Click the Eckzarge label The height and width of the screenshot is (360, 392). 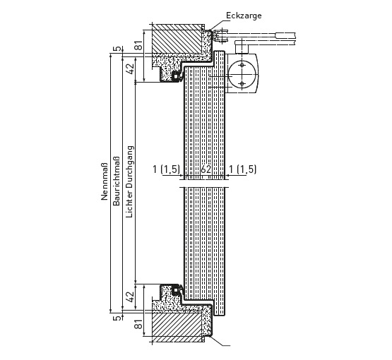244,16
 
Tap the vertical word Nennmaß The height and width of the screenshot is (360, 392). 105,181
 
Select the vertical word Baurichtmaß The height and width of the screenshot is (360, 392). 117,181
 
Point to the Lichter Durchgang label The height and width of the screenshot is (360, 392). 129,182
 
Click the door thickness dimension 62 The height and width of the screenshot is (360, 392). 206,169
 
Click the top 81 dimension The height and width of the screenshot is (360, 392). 138,44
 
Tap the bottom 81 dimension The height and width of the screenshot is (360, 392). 138,324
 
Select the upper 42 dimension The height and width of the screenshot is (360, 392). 130,68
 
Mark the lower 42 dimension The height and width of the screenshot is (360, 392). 130,296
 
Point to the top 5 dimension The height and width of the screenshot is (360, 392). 117,49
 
